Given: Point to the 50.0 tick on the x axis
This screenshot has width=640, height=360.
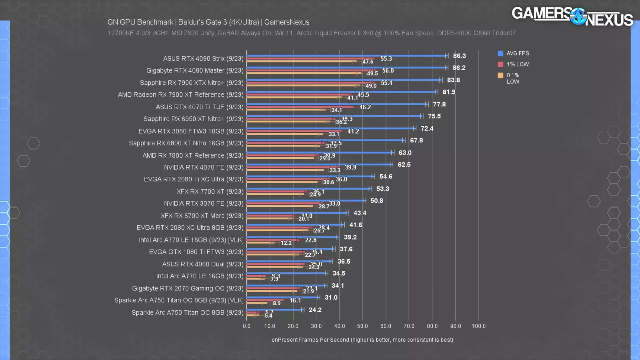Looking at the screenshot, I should click(362, 326).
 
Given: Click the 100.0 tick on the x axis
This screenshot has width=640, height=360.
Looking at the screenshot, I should click(478, 326).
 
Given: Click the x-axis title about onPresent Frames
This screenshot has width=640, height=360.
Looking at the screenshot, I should click(362, 340).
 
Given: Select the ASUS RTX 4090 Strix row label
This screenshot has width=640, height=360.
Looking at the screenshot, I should click(203, 59).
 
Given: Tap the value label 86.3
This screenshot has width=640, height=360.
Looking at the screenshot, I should click(459, 56).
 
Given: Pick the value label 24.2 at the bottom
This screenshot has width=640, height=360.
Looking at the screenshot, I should click(315, 310).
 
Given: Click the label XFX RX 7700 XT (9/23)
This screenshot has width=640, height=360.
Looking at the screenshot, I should click(210, 192).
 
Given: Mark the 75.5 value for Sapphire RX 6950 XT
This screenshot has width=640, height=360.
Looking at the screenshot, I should click(434, 116).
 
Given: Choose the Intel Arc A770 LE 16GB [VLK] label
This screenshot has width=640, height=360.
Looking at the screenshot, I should click(191, 240).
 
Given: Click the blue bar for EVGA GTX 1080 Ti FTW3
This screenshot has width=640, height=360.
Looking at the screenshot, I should click(290, 249).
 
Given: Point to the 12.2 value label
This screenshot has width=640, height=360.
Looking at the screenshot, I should click(286, 243).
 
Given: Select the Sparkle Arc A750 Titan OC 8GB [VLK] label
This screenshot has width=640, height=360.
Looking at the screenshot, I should click(179, 300).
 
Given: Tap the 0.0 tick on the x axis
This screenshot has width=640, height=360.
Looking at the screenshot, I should click(246, 326).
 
